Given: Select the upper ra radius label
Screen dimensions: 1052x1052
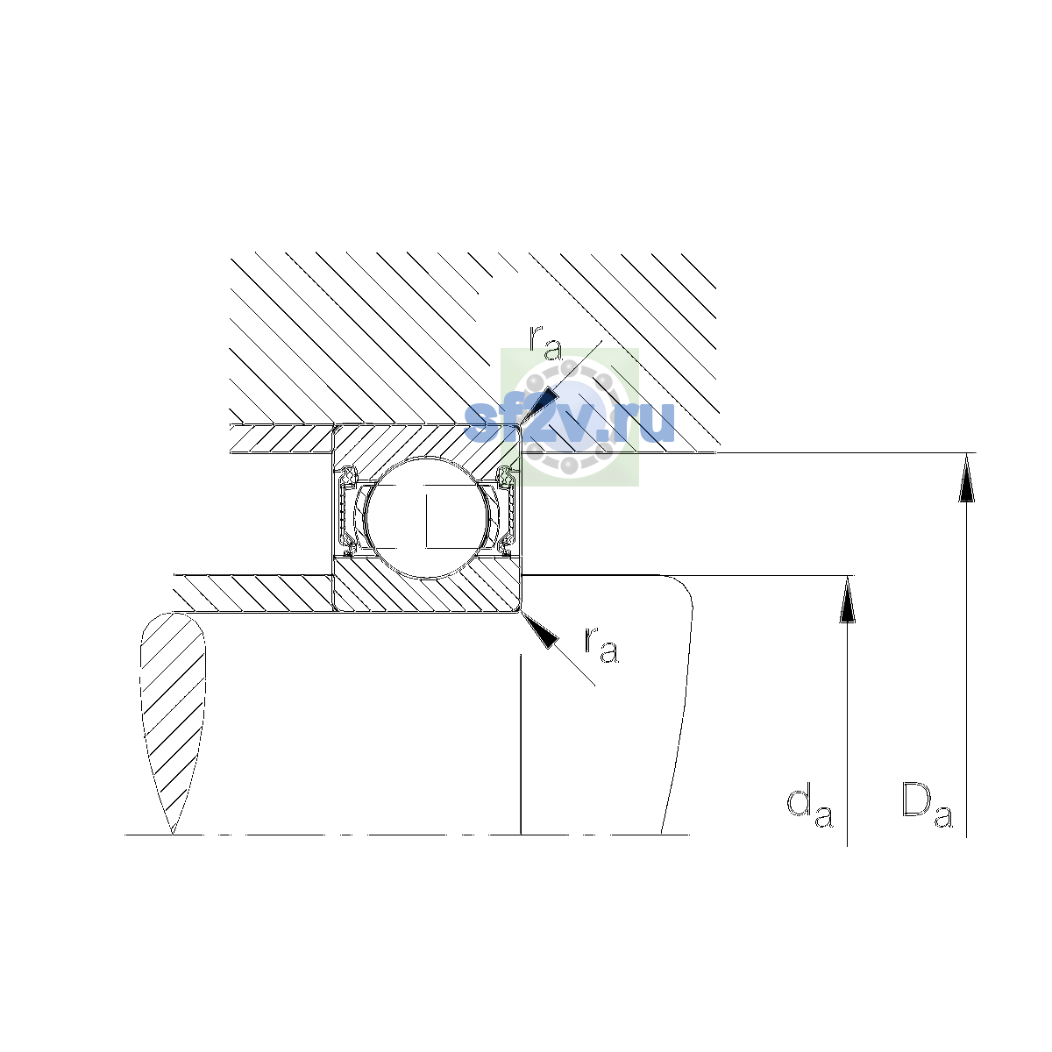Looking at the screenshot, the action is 545,343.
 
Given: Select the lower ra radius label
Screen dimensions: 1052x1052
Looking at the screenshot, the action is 601,645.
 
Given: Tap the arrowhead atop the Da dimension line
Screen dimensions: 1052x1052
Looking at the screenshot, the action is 966,478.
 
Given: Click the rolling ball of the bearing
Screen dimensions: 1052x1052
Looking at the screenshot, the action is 428,517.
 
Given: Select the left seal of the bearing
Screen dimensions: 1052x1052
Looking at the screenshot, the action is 347,511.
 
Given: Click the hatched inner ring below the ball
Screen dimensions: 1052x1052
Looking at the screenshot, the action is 426,593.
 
